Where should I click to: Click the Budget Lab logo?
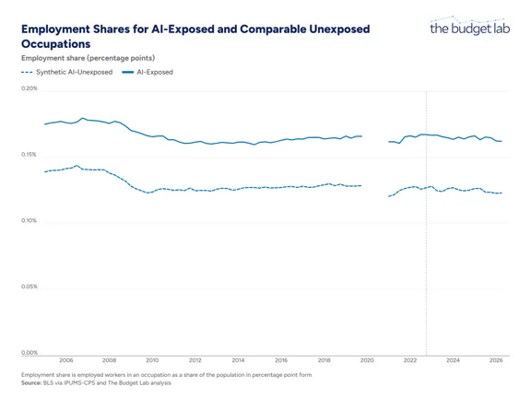[470, 26]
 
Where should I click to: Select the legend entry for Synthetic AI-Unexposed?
[66, 72]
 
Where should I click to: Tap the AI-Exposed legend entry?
[147, 72]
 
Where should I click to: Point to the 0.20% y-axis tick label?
[29, 88]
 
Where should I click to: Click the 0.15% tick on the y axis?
[29, 155]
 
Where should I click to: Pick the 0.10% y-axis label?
[29, 220]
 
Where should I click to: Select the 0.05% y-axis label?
[29, 287]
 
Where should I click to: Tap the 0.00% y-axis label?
[29, 352]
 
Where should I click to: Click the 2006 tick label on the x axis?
[66, 360]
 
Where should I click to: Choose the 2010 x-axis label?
[152, 360]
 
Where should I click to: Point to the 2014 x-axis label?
[238, 360]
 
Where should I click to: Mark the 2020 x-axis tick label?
[367, 360]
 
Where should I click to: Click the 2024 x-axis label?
[454, 360]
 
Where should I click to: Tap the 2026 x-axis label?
[496, 360]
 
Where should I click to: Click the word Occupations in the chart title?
[56, 44]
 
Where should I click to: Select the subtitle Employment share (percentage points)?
[88, 58]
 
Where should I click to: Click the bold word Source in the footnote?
[31, 382]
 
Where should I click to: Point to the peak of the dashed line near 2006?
[77, 166]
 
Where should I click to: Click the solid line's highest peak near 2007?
[82, 118]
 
